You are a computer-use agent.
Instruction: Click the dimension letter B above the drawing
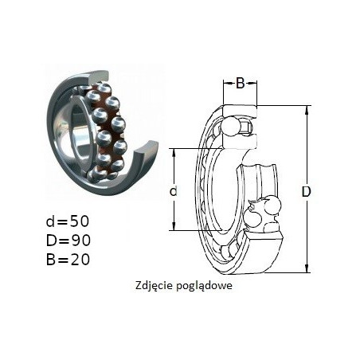[240, 84]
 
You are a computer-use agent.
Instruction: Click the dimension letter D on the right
[306, 192]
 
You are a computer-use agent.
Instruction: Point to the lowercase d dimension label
[173, 190]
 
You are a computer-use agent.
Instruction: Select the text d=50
[68, 221]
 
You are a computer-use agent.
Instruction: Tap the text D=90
[68, 241]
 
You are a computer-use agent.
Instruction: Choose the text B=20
[68, 260]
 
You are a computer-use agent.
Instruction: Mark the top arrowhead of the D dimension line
[307, 109]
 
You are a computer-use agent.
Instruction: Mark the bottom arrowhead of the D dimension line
[307, 268]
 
